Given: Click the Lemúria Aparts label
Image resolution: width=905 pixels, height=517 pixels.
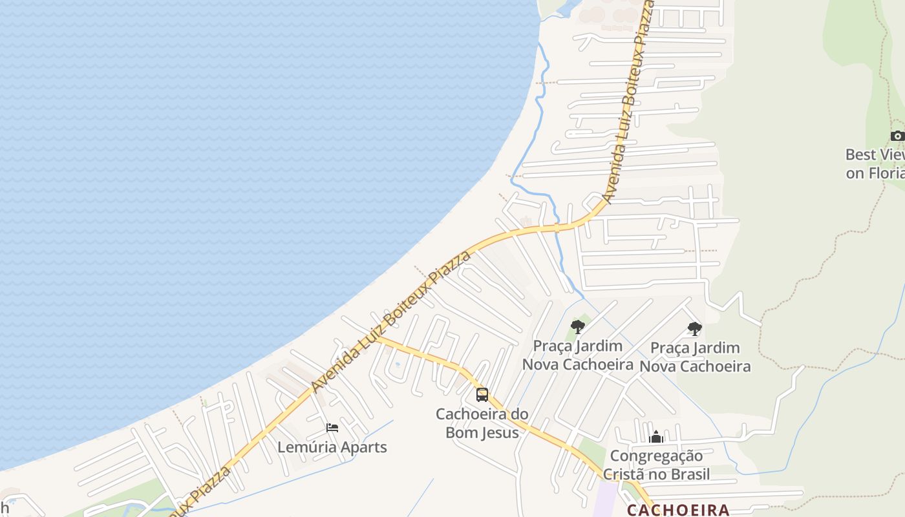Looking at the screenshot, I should pyautogui.click(x=332, y=447).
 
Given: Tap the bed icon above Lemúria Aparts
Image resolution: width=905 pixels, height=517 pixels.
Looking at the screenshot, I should pyautogui.click(x=332, y=428).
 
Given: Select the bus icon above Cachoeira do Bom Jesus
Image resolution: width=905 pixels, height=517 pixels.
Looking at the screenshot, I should pyautogui.click(x=482, y=394).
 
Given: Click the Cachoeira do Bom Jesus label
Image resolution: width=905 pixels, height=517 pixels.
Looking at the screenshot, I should pyautogui.click(x=482, y=423).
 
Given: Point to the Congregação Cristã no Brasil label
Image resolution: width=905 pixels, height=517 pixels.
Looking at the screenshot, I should pyautogui.click(x=656, y=465).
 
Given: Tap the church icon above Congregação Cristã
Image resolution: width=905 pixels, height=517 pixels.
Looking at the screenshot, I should pyautogui.click(x=656, y=438).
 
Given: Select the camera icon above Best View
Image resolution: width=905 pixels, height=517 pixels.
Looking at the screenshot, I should pyautogui.click(x=897, y=136).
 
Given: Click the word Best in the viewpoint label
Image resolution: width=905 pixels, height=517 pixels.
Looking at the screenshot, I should pyautogui.click(x=861, y=155).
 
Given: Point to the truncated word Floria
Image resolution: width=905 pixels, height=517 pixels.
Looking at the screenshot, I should pyautogui.click(x=886, y=173).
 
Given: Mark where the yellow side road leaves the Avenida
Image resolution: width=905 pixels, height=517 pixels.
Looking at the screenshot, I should pyautogui.click(x=379, y=337).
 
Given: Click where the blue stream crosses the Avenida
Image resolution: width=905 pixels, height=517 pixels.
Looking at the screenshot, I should pyautogui.click(x=557, y=227).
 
